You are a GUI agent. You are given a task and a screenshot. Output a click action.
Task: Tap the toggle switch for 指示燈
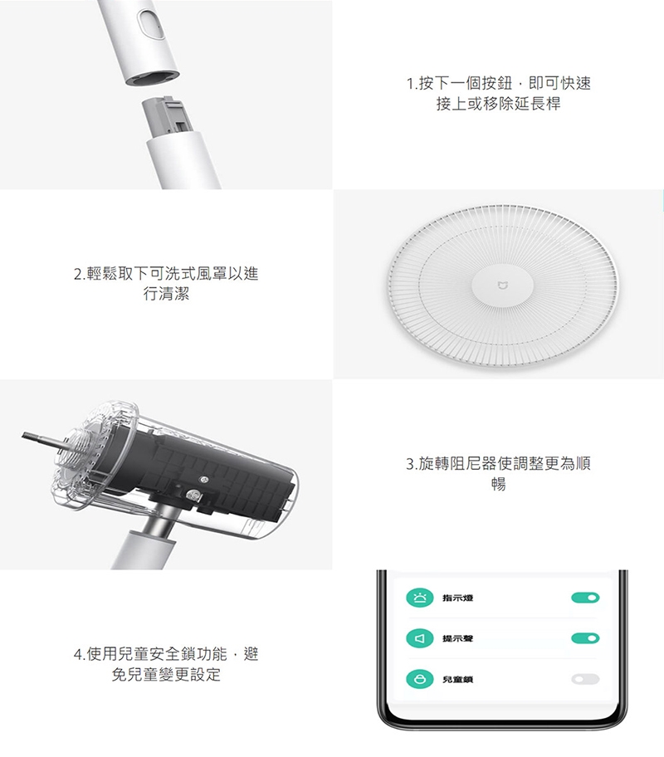click(x=585, y=598)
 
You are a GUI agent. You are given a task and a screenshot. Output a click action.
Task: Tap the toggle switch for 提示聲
click(x=585, y=638)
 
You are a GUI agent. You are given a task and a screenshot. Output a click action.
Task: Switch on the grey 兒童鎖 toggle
click(x=585, y=679)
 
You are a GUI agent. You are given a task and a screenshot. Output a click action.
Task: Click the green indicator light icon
click(x=420, y=598)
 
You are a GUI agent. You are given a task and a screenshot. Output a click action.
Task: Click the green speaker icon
click(x=420, y=638)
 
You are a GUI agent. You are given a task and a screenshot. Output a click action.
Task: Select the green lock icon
click(x=420, y=679)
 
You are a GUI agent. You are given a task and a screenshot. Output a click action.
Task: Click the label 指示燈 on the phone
click(x=458, y=598)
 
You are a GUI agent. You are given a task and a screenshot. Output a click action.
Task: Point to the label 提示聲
click(x=458, y=639)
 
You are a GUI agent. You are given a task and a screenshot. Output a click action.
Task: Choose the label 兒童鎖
click(x=458, y=679)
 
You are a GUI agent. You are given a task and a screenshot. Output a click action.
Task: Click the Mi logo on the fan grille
click(x=501, y=286)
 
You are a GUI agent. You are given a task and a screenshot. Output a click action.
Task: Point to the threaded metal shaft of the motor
click(x=42, y=438)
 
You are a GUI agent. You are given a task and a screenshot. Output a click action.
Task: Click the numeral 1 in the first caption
click(x=411, y=84)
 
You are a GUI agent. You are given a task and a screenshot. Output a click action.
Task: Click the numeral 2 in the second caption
click(x=78, y=274)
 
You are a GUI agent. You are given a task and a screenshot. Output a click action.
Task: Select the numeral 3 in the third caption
click(x=411, y=464)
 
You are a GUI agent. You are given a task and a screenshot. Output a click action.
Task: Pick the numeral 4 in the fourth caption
click(x=78, y=654)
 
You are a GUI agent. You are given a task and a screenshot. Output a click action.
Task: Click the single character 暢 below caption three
click(x=498, y=484)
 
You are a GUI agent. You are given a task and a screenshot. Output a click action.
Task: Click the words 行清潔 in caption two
click(x=166, y=294)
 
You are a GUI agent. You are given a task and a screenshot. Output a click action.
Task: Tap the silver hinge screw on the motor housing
click(x=194, y=495)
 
